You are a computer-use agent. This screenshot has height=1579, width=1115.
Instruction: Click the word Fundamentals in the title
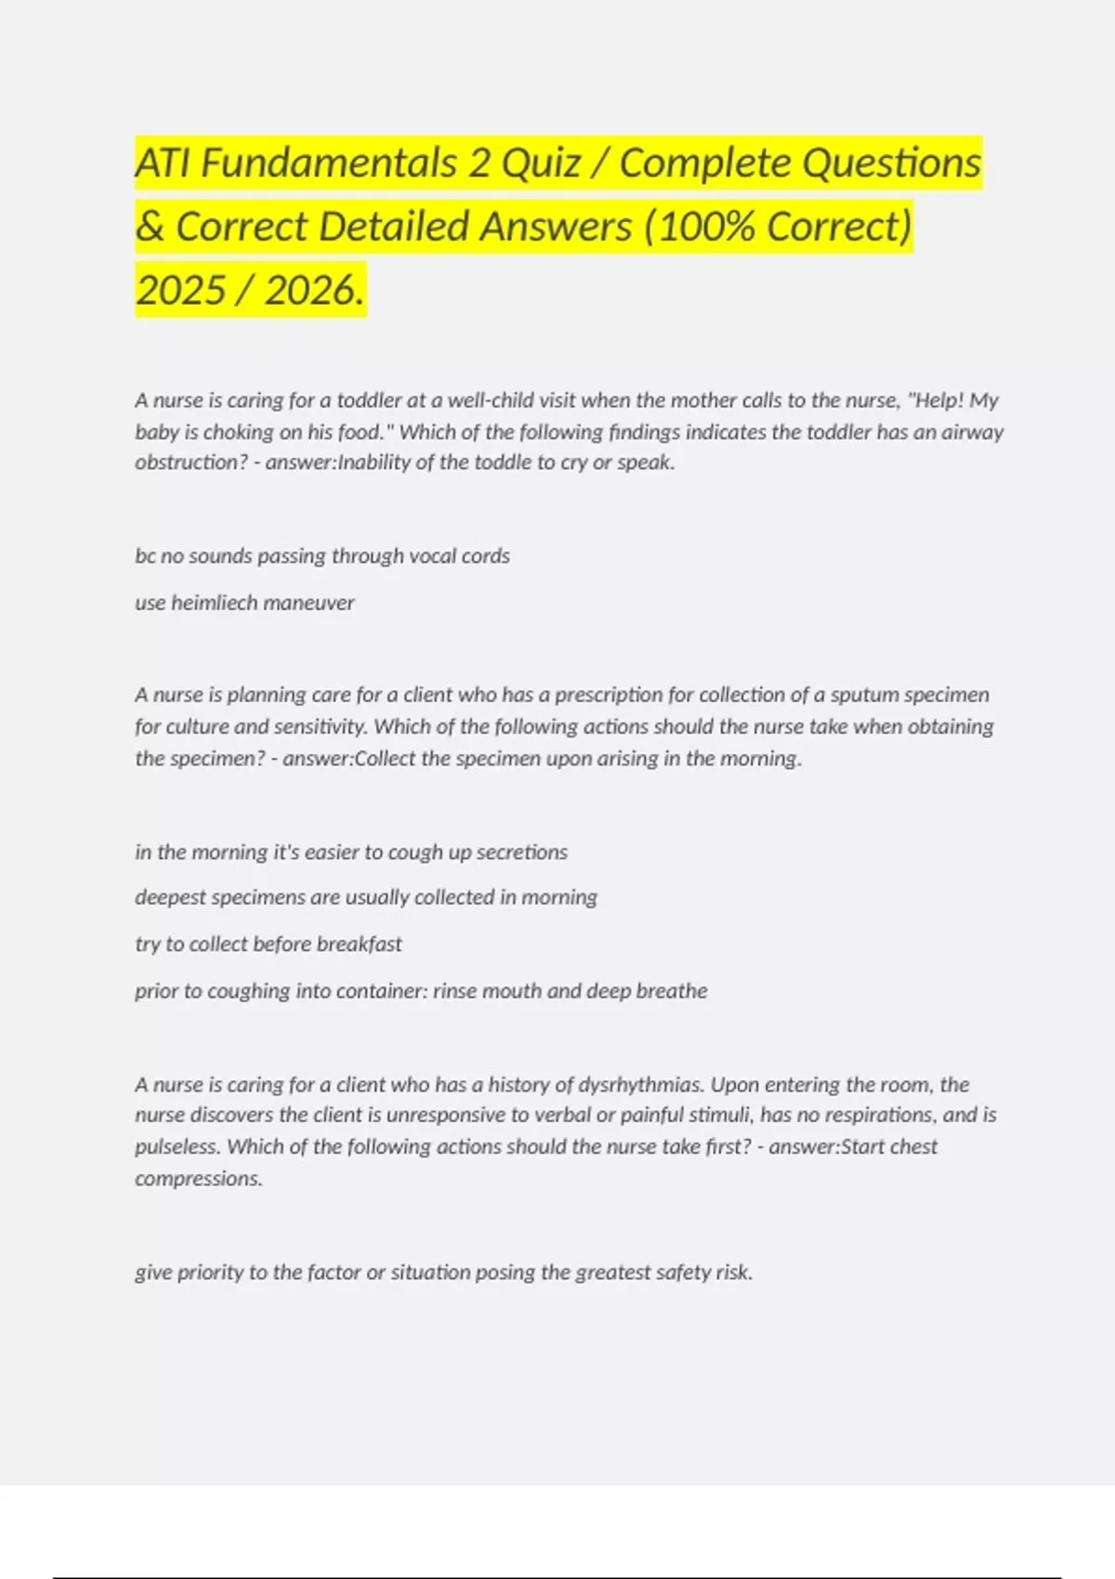(x=329, y=163)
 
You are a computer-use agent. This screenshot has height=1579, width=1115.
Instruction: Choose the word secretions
(x=521, y=852)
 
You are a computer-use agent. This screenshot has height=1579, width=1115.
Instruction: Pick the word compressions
(x=198, y=1179)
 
